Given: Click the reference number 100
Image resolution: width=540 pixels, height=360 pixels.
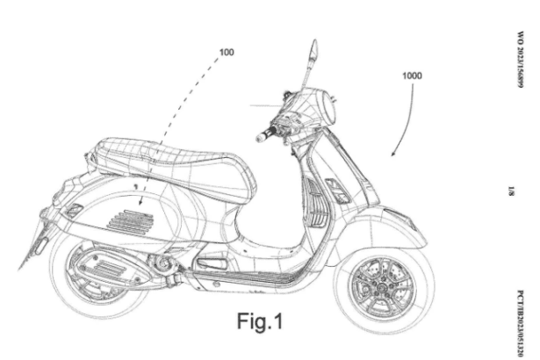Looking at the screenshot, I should (227, 53).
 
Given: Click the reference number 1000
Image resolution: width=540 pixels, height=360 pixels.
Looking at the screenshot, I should (412, 76).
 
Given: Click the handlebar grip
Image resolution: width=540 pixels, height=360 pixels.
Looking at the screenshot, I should (264, 136).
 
